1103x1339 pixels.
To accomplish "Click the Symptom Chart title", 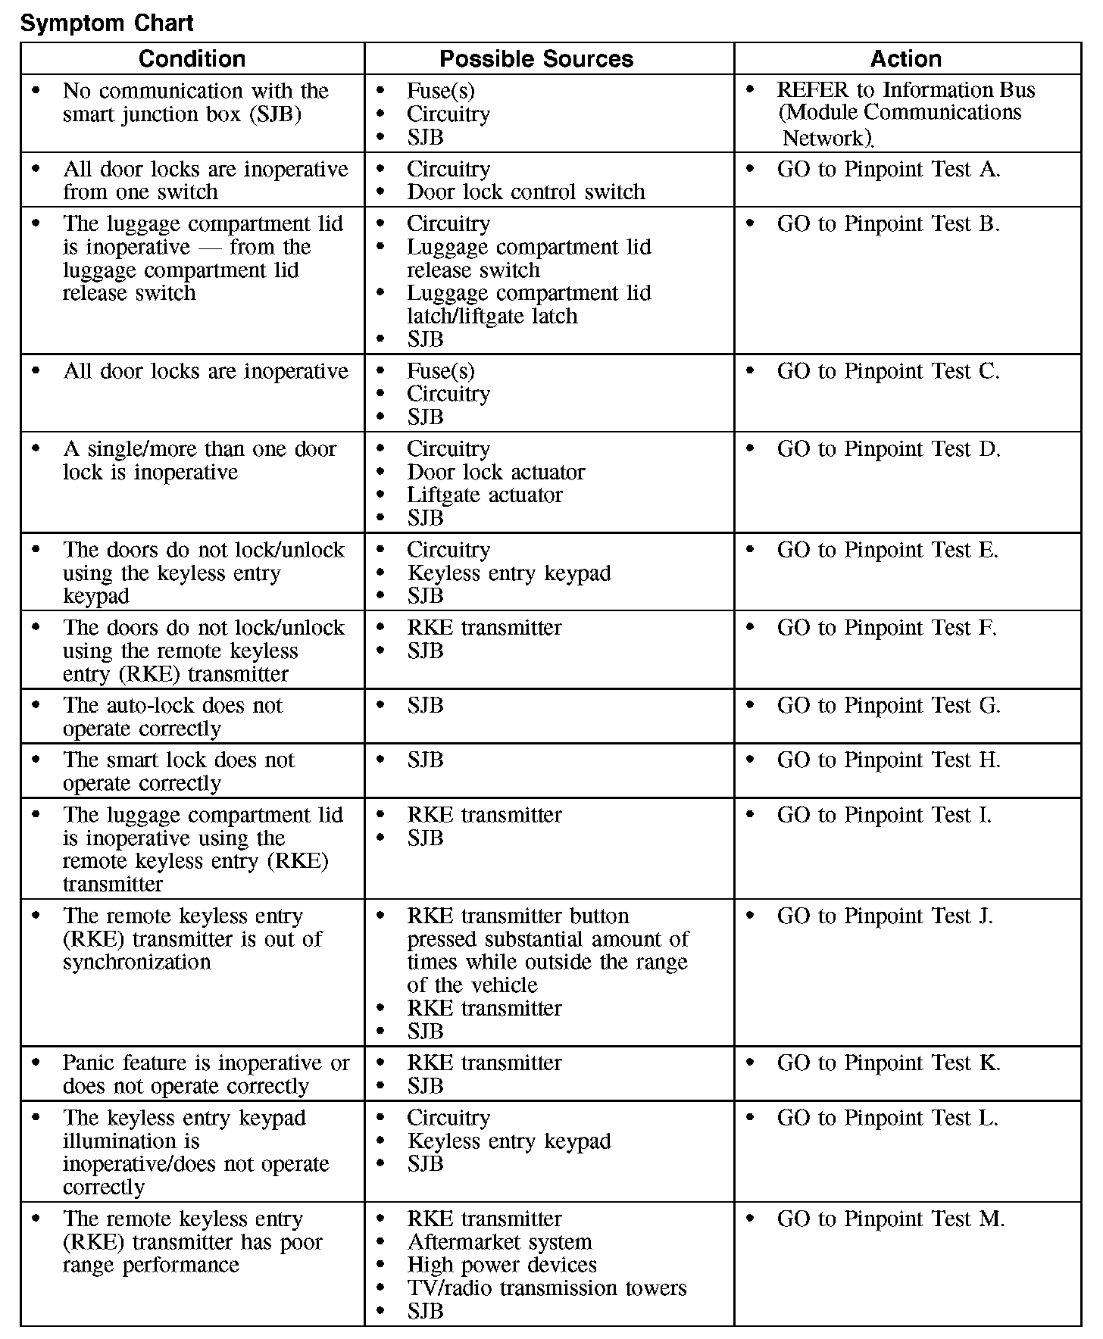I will pos(107,23).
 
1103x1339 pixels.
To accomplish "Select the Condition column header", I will pos(192,59).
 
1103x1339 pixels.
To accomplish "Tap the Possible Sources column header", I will pos(536,59).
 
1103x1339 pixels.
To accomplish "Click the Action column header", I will pos(906,59).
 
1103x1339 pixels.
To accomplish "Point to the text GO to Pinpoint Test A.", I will pos(888,170).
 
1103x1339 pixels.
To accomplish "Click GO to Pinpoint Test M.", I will pos(890,1219).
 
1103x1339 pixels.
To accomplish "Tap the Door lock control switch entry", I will pos(526,192).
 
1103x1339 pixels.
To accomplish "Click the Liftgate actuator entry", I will pos(484,495).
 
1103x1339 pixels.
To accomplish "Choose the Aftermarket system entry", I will pos(499,1243).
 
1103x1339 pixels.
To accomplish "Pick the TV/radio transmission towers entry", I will pos(546,1289).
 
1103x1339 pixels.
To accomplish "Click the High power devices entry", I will pos(502,1266).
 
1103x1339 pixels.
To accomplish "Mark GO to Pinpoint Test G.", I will pos(888,706).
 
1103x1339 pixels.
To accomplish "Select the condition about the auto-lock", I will pos(173,717).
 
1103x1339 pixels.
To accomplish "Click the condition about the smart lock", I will pos(179,772).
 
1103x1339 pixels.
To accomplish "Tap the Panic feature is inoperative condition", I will pos(205,1075).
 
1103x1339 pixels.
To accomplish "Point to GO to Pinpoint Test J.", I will pos(884,916).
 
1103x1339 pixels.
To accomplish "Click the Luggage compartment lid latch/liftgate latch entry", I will pos(528,304).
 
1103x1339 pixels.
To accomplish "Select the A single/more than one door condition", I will pos(199,460).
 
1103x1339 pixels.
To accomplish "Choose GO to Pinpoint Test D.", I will pos(888,449).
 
